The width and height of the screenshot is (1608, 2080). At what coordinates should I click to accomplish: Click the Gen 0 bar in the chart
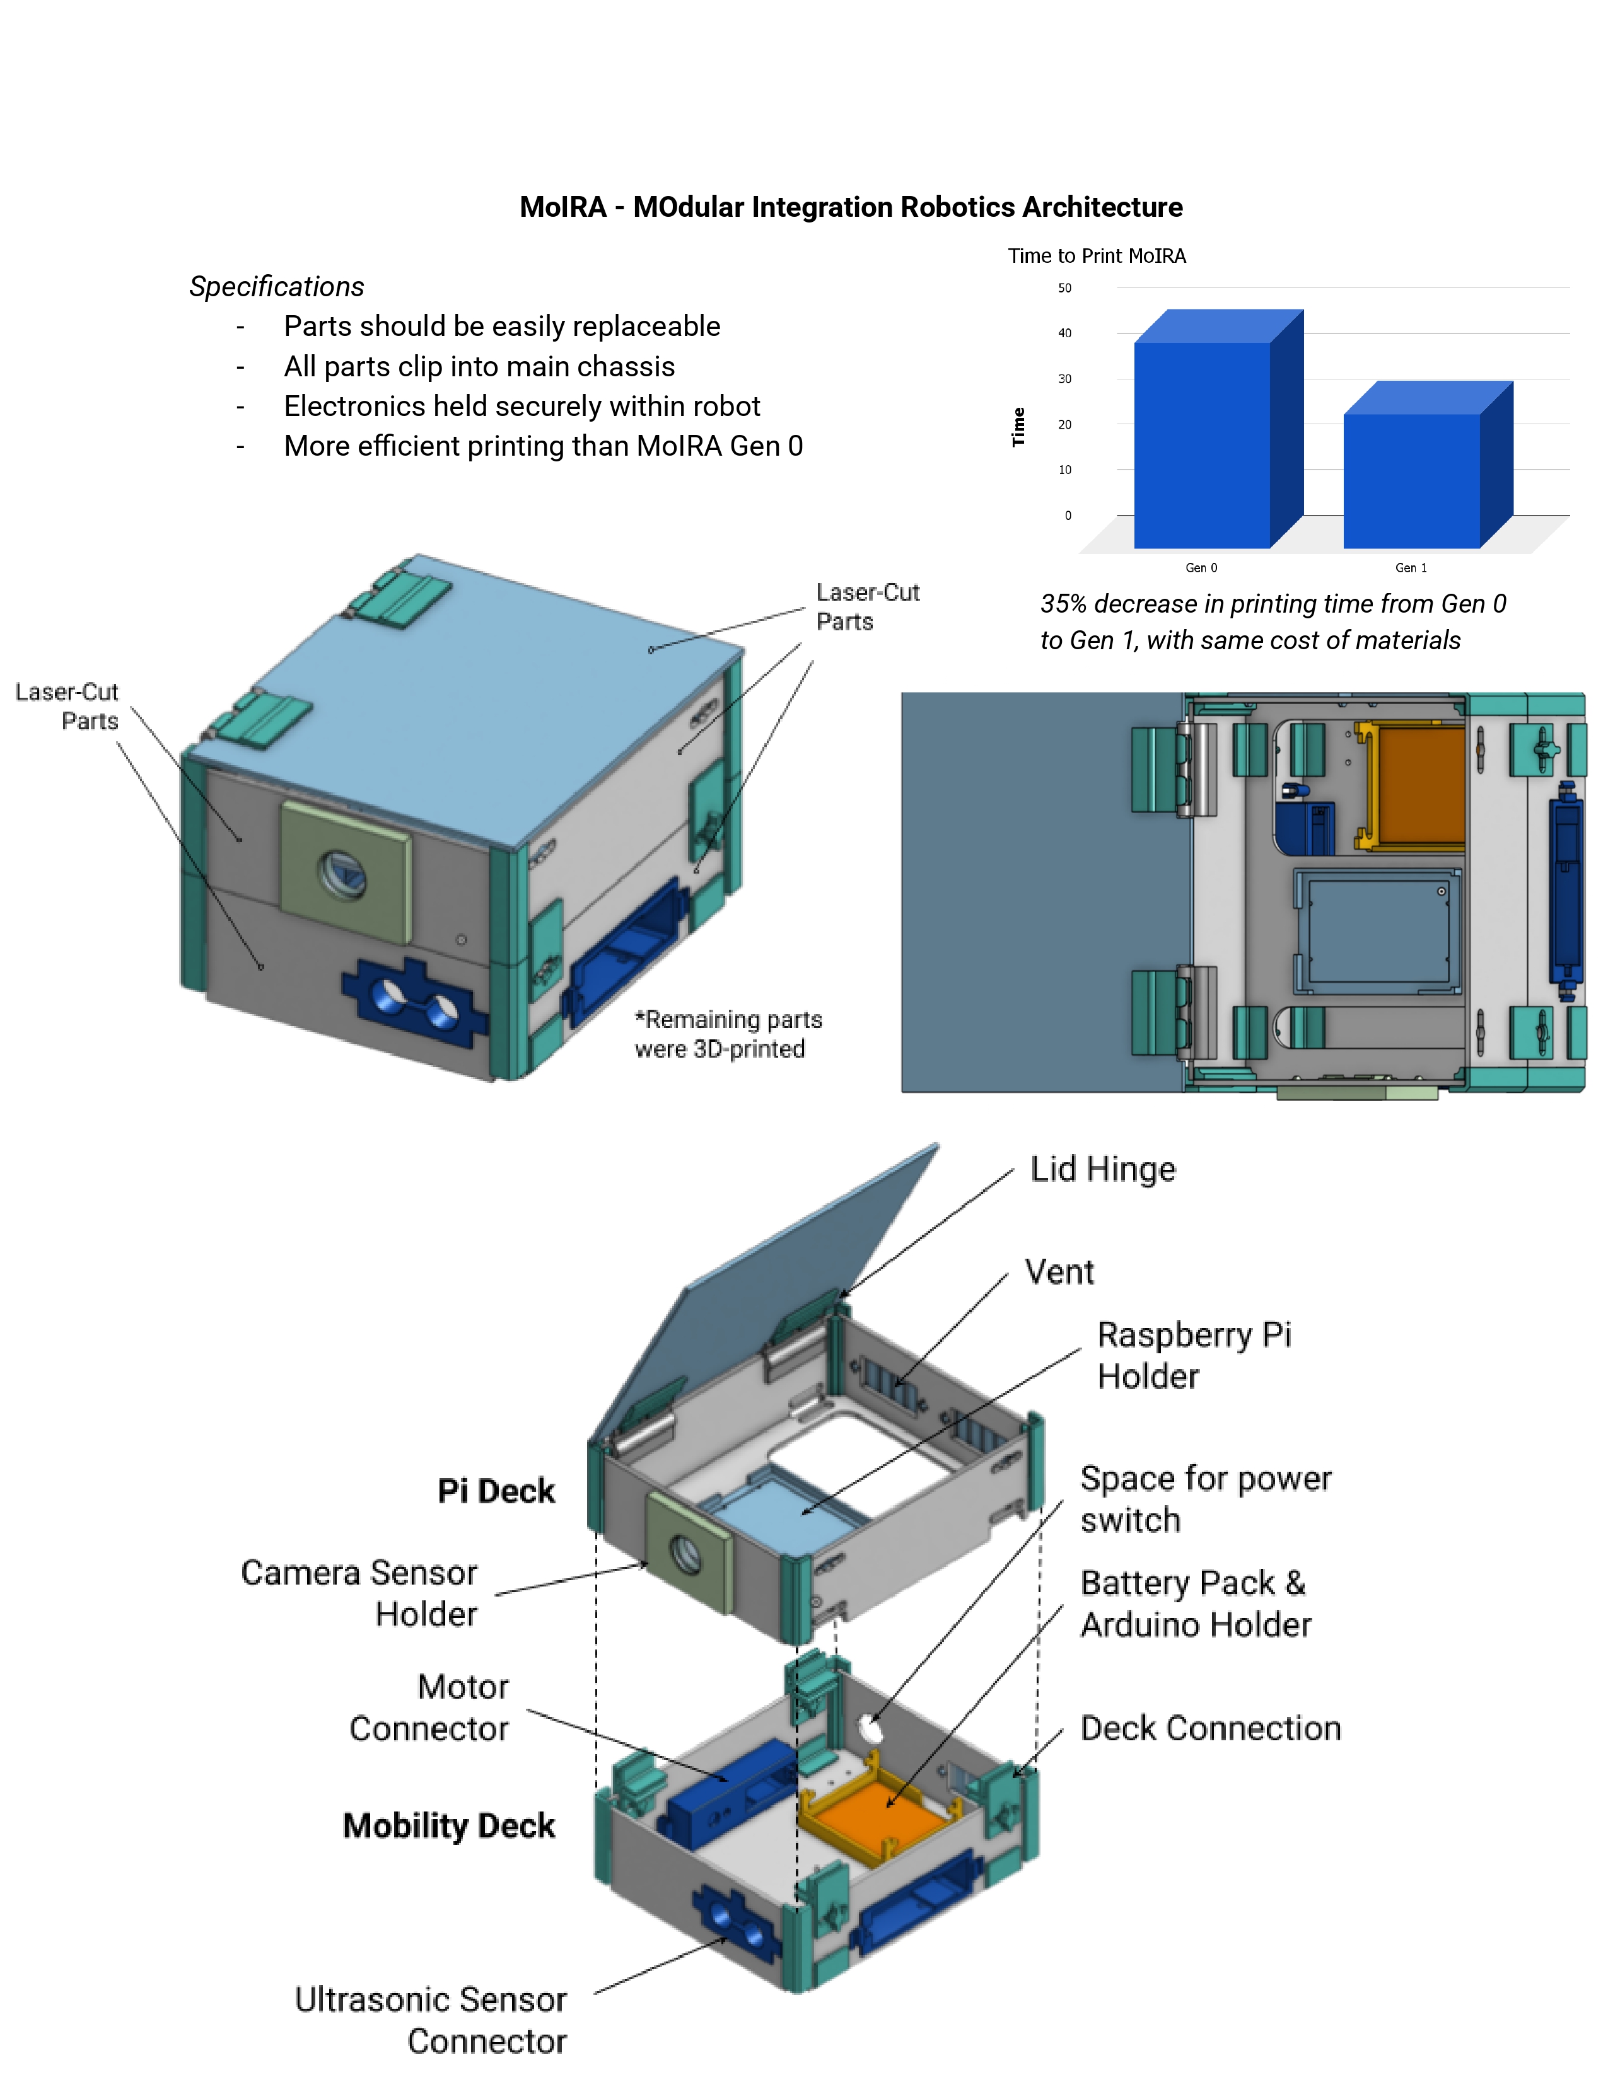[1202, 443]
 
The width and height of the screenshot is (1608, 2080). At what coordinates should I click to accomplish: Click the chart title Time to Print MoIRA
[1097, 256]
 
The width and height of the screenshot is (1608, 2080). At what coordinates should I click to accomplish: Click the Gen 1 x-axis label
[1411, 568]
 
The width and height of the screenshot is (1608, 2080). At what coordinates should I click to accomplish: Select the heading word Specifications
[276, 287]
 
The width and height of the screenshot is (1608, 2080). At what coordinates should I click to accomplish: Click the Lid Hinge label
[1102, 1169]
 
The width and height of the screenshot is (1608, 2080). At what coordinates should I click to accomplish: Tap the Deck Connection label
[1210, 1728]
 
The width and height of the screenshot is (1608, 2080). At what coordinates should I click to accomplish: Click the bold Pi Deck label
[496, 1491]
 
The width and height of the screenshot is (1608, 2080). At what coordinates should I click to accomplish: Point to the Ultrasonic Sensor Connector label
[431, 2019]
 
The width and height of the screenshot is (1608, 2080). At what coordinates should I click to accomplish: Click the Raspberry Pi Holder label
[1194, 1355]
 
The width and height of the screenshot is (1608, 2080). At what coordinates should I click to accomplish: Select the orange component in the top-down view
[1419, 786]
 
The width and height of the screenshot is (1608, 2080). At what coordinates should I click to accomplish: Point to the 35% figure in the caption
[1063, 604]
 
